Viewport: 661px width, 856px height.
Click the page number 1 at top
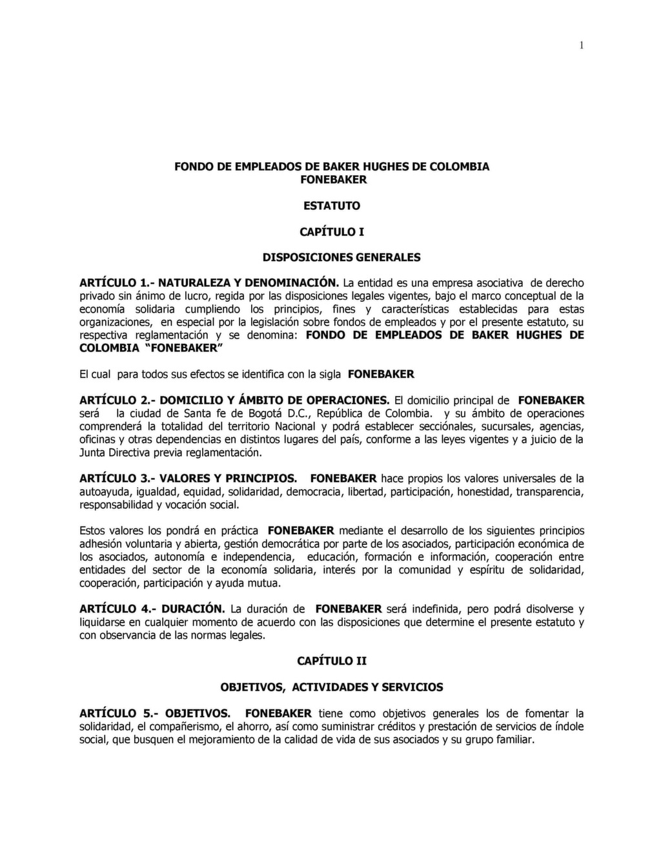582,45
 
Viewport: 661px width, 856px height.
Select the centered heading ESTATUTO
332,205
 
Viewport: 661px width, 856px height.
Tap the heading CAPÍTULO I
332,231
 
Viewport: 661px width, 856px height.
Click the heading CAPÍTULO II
332,661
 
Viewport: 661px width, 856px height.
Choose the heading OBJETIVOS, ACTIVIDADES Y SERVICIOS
332,687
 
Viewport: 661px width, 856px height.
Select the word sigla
328,375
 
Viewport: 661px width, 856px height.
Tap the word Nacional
295,426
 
